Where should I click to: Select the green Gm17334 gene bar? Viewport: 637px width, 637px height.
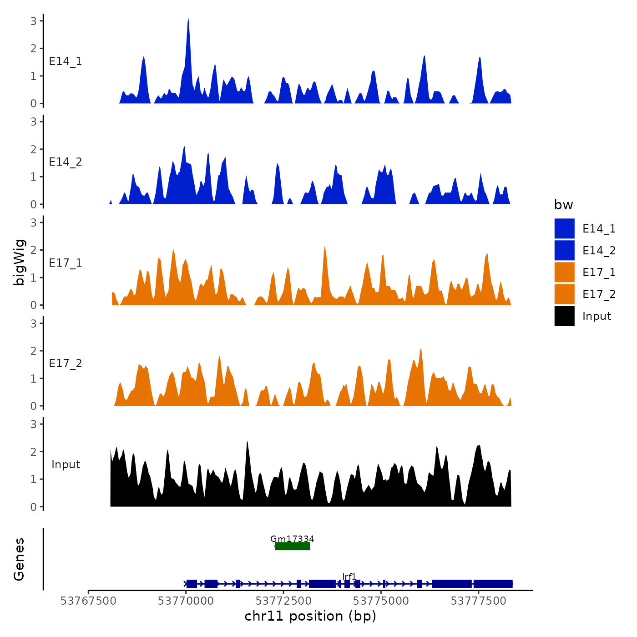pyautogui.click(x=293, y=546)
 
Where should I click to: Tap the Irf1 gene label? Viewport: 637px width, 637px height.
pyautogui.click(x=349, y=577)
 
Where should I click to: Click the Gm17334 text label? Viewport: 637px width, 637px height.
pyautogui.click(x=292, y=539)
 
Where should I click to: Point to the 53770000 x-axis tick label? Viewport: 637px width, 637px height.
pyautogui.click(x=186, y=601)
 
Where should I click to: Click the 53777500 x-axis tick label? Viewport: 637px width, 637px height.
pyautogui.click(x=478, y=601)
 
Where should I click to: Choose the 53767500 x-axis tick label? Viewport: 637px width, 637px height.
pyautogui.click(x=88, y=601)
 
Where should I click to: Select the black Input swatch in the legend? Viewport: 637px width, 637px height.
pyautogui.click(x=564, y=316)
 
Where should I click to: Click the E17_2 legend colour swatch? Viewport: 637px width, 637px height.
pyautogui.click(x=564, y=294)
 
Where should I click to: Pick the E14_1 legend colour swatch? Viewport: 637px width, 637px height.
pyautogui.click(x=564, y=228)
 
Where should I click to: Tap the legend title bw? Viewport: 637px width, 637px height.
pyautogui.click(x=563, y=205)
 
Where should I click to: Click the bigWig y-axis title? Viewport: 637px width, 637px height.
pyautogui.click(x=20, y=263)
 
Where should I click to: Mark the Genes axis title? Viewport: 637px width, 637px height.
pyautogui.click(x=19, y=559)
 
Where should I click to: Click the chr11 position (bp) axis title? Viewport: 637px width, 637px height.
pyautogui.click(x=310, y=616)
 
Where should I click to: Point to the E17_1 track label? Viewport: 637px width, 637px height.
pyautogui.click(x=66, y=263)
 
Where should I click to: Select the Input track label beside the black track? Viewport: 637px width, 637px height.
pyautogui.click(x=66, y=465)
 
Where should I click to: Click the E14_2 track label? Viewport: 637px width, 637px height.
pyautogui.click(x=66, y=162)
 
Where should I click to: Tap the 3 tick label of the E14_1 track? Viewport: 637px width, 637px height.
pyautogui.click(x=34, y=21)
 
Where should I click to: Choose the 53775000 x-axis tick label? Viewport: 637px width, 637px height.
pyautogui.click(x=381, y=601)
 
